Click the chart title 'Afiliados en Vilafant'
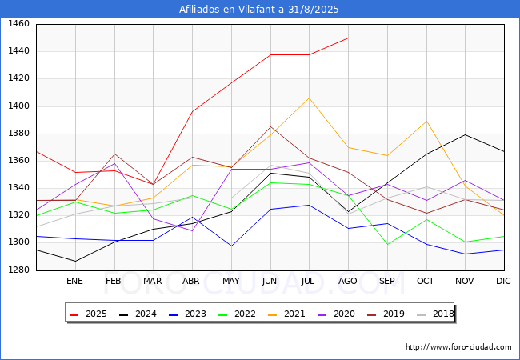pyautogui.click(x=259, y=10)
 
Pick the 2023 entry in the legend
pyautogui.click(x=190, y=314)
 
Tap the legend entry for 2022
pyautogui.click(x=238, y=314)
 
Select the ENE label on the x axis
pyautogui.click(x=74, y=281)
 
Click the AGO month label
pyautogui.click(x=348, y=281)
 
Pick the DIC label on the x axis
pyautogui.click(x=503, y=281)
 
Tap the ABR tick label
pyautogui.click(x=191, y=281)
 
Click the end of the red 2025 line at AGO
pyautogui.click(x=348, y=38)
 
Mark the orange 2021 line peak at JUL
pyautogui.click(x=309, y=98)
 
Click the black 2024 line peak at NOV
pyautogui.click(x=465, y=134)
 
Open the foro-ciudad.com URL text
pyautogui.click(x=458, y=347)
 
